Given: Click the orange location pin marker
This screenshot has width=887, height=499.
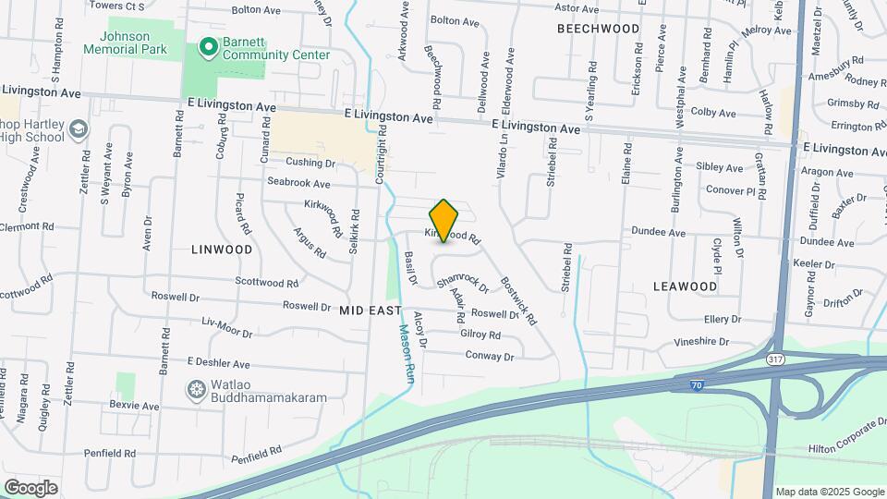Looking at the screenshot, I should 443,220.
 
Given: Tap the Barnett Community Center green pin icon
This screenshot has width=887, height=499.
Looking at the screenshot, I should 209,44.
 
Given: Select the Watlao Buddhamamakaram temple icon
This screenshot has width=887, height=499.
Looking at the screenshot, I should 196,389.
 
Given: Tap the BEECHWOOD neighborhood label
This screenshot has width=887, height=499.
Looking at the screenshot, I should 598,29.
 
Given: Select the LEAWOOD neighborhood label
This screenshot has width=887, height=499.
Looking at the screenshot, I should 685,286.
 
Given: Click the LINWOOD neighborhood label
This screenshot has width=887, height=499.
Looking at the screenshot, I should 222,249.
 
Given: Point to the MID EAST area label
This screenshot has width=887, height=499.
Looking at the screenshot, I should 371,311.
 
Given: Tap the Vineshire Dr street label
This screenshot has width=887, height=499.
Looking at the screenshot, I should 708,341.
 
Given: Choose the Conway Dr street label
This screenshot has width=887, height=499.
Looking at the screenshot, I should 489,355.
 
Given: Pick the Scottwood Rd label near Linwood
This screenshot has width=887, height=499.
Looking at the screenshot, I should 266,283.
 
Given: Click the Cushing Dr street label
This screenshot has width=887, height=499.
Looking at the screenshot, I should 309,163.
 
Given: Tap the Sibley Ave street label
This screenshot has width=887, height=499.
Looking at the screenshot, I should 720,168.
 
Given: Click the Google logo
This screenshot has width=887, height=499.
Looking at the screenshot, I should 30,487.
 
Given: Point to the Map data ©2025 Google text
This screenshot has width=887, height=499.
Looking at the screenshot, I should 829,492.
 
